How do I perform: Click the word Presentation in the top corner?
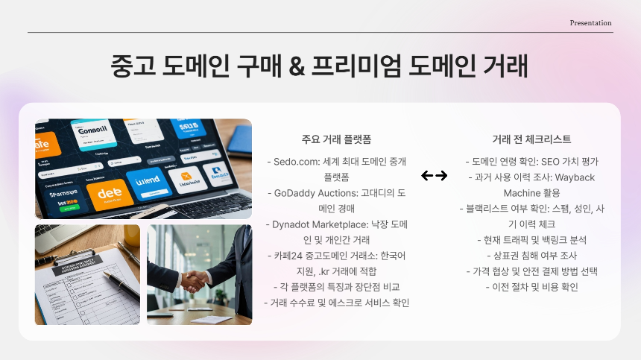click(x=590, y=23)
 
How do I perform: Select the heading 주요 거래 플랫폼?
click(x=336, y=139)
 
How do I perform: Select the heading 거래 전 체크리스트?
click(x=531, y=139)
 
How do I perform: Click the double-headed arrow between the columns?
click(x=434, y=176)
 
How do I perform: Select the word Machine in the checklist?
click(x=511, y=193)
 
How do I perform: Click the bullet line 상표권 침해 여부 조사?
click(x=531, y=256)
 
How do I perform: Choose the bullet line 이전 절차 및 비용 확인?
click(x=531, y=287)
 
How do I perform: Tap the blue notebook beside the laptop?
click(x=240, y=138)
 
